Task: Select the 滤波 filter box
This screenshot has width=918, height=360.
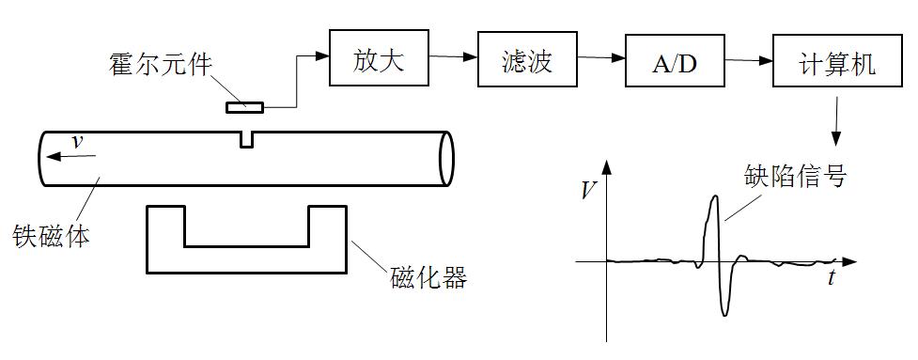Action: pos(525,61)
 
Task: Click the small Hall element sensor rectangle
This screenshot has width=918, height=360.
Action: pos(245,107)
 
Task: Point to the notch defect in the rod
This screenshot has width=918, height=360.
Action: pos(246,139)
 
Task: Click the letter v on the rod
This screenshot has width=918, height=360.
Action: pos(78,141)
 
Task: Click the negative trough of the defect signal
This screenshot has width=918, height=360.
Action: pos(725,314)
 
